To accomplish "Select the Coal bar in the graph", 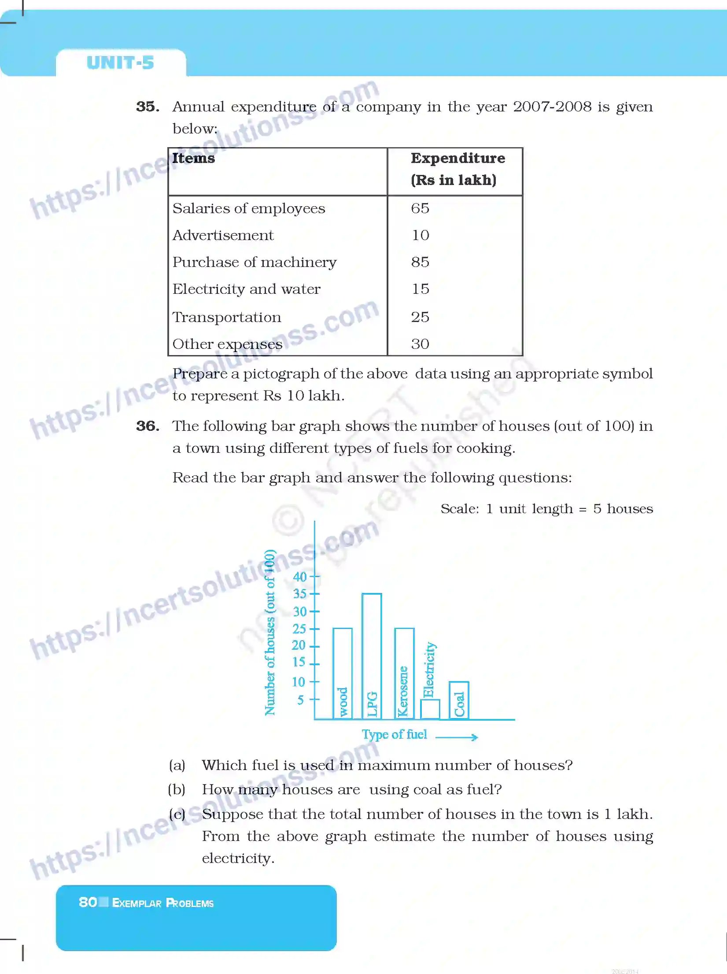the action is (x=459, y=700).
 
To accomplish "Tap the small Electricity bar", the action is (x=430, y=709).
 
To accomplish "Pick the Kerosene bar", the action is (x=404, y=673).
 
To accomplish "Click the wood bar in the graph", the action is (x=343, y=673).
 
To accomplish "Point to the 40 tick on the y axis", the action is (x=300, y=577).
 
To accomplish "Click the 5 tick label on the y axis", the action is (x=300, y=700).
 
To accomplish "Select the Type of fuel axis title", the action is (x=394, y=734).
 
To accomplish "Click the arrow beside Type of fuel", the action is (x=457, y=737).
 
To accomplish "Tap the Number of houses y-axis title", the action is (x=270, y=632).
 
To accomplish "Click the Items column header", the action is (x=193, y=158).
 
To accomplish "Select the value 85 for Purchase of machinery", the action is (x=420, y=262).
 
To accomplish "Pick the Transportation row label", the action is (x=227, y=317).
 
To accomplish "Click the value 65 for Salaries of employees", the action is (x=420, y=208).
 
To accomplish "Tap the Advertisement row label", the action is (x=223, y=235).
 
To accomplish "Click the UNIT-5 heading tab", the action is (x=120, y=63).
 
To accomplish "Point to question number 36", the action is (x=148, y=426).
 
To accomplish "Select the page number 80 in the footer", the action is (x=88, y=903).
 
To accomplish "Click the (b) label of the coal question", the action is (x=177, y=789).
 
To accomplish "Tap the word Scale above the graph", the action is (x=459, y=509).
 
